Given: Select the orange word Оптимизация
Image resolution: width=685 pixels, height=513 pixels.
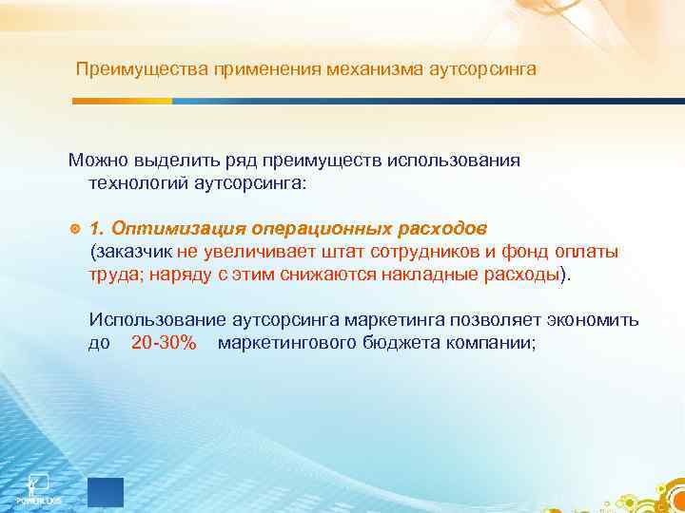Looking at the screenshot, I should tap(171, 229).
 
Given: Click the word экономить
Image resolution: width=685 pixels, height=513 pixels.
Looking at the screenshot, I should tap(597, 320).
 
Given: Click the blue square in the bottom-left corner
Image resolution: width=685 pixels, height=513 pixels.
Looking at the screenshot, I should tap(105, 490).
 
